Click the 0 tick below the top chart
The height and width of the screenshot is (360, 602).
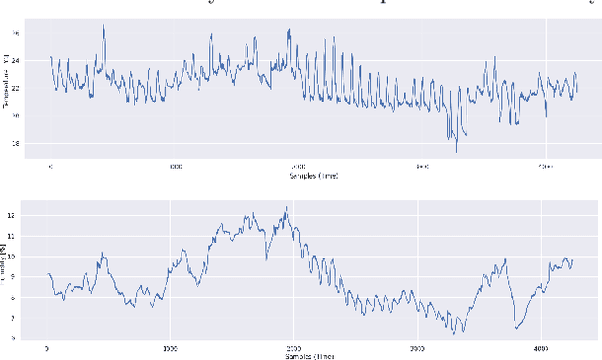(x=50, y=166)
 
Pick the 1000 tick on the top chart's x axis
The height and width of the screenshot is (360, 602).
(x=174, y=166)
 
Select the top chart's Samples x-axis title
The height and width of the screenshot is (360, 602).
(x=298, y=176)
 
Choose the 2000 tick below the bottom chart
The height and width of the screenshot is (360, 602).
(x=293, y=347)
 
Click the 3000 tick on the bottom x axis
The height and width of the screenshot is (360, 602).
(x=416, y=347)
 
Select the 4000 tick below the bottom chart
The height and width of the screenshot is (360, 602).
(x=539, y=347)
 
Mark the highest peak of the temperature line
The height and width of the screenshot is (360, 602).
(x=103, y=25)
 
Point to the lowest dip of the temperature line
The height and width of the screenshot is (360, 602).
(x=456, y=151)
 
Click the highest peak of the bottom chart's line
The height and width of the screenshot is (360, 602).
(x=286, y=207)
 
